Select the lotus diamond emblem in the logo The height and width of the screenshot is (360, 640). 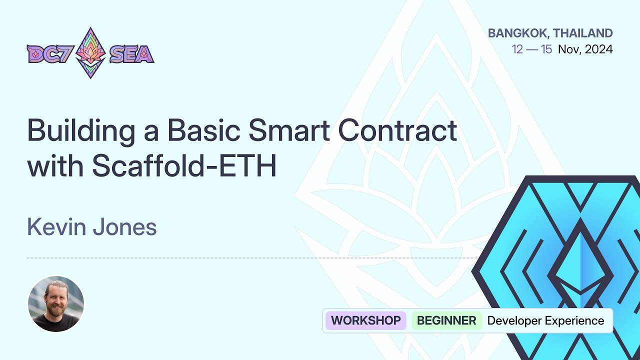tap(90, 53)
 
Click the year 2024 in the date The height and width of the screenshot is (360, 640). tap(598, 49)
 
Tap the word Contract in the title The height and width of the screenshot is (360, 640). tap(397, 131)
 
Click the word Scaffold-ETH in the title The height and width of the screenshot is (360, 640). tap(184, 167)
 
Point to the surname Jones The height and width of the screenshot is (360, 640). tap(124, 227)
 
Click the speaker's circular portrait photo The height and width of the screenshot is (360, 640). tap(56, 303)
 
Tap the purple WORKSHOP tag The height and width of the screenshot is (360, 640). tap(365, 320)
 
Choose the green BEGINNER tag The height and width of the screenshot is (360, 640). tap(446, 320)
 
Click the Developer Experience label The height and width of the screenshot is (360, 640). tap(545, 320)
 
